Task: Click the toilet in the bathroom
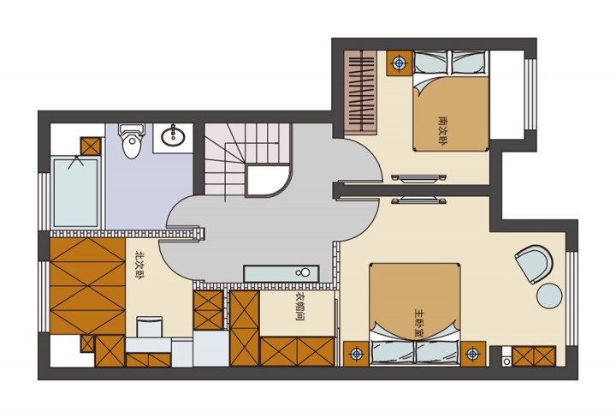click(132, 141)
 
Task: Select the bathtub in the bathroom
click(76, 193)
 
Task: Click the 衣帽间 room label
click(299, 307)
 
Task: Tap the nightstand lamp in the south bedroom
click(400, 63)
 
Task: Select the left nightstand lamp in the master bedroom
click(356, 354)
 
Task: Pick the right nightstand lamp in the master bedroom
click(472, 354)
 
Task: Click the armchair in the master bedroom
click(534, 264)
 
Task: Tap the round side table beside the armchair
click(549, 296)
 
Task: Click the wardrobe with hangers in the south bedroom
click(360, 91)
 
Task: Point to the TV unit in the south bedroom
click(418, 178)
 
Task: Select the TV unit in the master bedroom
click(418, 200)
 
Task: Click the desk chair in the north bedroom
click(149, 327)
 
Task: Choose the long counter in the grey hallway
click(281, 273)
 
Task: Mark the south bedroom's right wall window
click(530, 94)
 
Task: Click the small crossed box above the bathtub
click(91, 146)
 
